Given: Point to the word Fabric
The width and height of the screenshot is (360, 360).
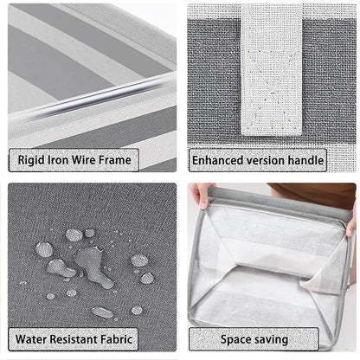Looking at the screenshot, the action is click(116, 339).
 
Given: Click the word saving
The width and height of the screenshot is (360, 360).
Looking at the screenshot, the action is click(271, 340).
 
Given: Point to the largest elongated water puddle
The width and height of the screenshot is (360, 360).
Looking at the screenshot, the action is click(93, 266).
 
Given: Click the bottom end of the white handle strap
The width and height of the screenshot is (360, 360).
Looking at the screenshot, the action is click(272, 134).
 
